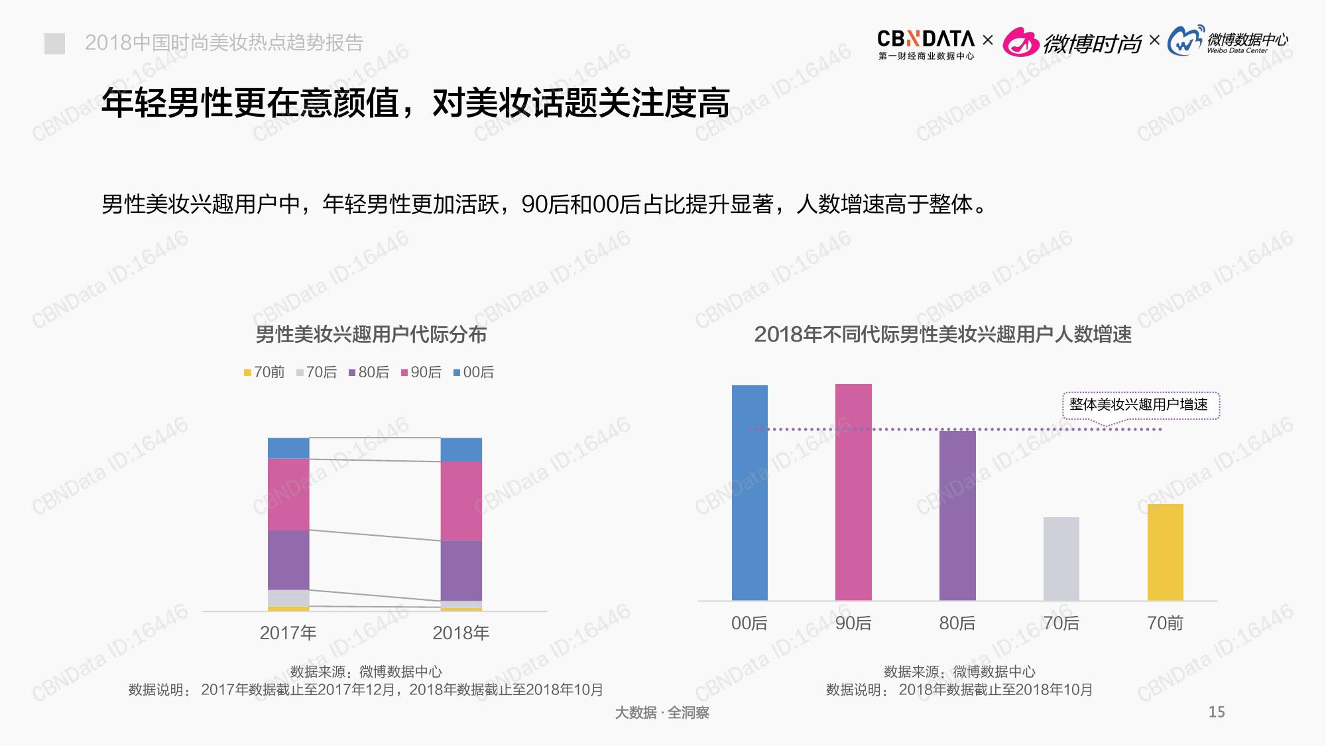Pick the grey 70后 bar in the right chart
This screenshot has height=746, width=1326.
pyautogui.click(x=1061, y=558)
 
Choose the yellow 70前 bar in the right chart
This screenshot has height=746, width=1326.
pyautogui.click(x=1165, y=552)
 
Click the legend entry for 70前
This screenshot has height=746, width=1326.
pyautogui.click(x=265, y=373)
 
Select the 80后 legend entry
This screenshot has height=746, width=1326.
pyautogui.click(x=369, y=373)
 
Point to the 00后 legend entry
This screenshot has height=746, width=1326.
pyautogui.click(x=474, y=373)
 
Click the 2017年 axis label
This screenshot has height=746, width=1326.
pyautogui.click(x=288, y=633)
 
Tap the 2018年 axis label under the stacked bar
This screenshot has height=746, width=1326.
pyautogui.click(x=461, y=633)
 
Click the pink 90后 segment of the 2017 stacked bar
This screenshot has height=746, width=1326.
pyautogui.click(x=288, y=494)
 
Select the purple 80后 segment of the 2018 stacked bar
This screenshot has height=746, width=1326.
pyautogui.click(x=461, y=570)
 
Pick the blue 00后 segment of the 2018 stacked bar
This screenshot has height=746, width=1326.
pyautogui.click(x=461, y=450)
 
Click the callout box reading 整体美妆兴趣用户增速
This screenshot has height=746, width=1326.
pyautogui.click(x=1140, y=404)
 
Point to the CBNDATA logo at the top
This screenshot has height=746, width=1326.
pyautogui.click(x=926, y=44)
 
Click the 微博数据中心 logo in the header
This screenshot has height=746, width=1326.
pyautogui.click(x=1228, y=42)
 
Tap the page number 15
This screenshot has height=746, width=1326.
pyautogui.click(x=1217, y=712)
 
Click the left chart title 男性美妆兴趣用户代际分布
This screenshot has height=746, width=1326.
pyautogui.click(x=371, y=334)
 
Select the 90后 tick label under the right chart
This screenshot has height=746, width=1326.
pyautogui.click(x=853, y=623)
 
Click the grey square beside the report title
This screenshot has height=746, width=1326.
pyautogui.click(x=54, y=44)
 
